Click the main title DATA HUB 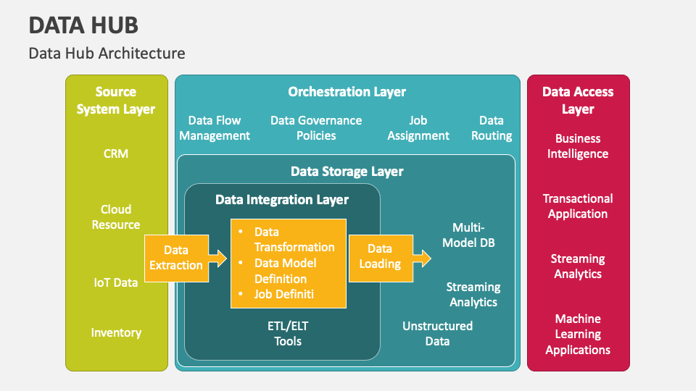click(83, 25)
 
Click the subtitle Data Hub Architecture click(107, 54)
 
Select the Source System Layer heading click(116, 101)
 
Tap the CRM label click(116, 154)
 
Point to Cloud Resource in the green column click(116, 217)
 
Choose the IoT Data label click(116, 282)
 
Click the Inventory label click(116, 332)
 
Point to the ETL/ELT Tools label click(288, 333)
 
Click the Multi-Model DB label click(468, 235)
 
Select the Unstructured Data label click(437, 333)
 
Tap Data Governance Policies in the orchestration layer click(316, 128)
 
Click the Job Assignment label click(418, 128)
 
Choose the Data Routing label click(492, 128)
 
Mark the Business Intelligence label click(578, 146)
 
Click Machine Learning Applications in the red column click(578, 334)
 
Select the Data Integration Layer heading click(282, 200)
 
